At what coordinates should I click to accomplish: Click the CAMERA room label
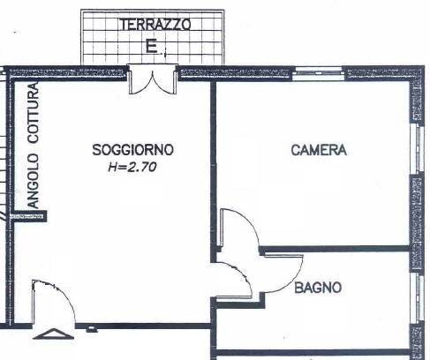tap(319, 150)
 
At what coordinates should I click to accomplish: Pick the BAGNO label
tap(318, 288)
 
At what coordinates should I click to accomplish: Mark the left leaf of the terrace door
tap(139, 81)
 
